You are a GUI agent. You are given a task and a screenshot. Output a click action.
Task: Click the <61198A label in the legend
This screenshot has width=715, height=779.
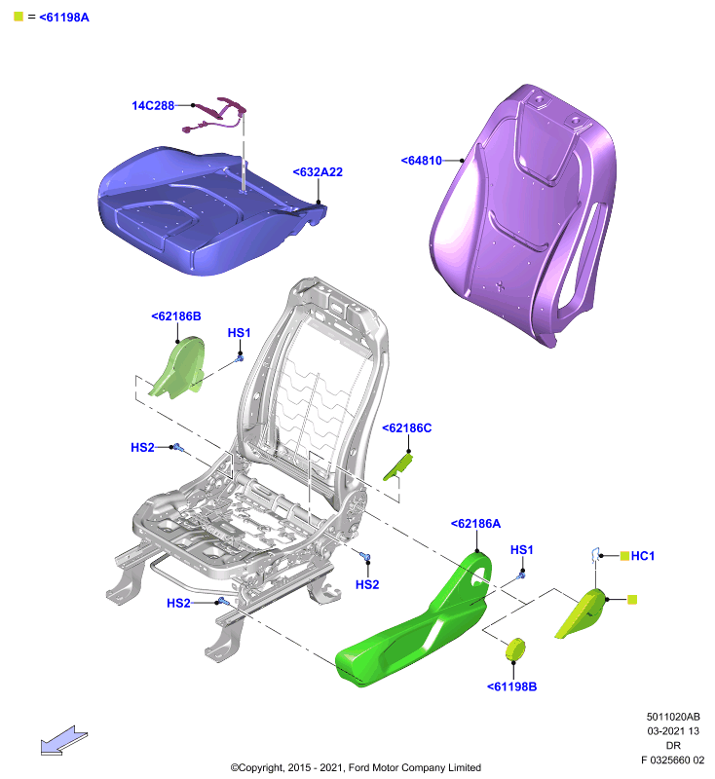64,18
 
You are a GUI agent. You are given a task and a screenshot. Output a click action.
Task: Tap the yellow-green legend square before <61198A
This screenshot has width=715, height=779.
19,17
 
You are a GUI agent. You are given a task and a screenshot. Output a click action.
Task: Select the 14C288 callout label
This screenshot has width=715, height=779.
153,105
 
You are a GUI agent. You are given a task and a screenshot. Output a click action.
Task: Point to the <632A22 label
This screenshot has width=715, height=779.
318,172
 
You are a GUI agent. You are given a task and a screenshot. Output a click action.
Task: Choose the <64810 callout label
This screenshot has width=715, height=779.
422,161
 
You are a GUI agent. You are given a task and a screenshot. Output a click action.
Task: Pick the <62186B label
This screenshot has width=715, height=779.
176,315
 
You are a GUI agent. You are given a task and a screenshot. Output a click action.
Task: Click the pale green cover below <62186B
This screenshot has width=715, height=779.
179,369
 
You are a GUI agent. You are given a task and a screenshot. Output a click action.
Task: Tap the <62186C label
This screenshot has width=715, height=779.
406,427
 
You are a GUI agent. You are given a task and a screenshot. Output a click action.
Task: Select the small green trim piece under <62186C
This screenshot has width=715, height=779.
398,467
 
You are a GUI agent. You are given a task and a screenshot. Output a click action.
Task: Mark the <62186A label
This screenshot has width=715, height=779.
475,524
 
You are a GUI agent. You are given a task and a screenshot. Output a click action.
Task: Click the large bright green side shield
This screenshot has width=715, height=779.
417,626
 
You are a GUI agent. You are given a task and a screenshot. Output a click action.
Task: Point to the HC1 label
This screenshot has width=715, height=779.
643,556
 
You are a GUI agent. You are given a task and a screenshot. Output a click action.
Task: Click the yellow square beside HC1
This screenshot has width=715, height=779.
625,555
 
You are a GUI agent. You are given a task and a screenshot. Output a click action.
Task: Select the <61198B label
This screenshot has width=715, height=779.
511,686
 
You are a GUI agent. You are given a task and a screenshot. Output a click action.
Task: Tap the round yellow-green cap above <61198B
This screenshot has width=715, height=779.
515,649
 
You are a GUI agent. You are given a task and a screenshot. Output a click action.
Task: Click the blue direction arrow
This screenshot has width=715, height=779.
64,740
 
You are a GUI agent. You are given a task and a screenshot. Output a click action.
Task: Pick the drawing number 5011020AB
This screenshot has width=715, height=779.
673,717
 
